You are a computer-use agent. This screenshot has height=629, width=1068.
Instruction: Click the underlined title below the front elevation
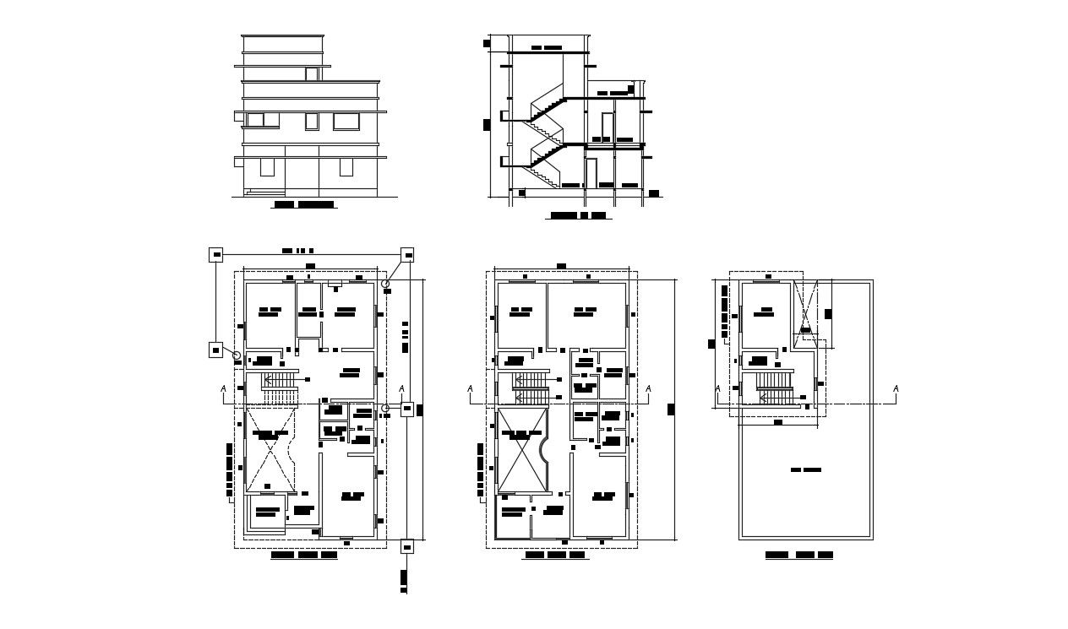pyautogui.click(x=304, y=204)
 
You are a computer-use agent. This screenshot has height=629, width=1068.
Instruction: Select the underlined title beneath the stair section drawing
pyautogui.click(x=579, y=216)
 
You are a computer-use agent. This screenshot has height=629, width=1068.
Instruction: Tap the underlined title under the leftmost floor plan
pyautogui.click(x=303, y=556)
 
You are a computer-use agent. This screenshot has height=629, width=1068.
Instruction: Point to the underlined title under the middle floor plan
pyautogui.click(x=555, y=556)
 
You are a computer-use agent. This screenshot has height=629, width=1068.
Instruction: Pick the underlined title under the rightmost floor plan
pyautogui.click(x=798, y=556)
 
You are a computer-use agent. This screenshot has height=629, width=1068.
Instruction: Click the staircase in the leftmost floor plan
pyautogui.click(x=279, y=388)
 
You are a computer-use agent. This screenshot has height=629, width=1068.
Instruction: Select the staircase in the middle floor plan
pyautogui.click(x=531, y=388)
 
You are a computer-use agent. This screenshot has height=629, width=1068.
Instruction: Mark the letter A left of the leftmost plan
pyautogui.click(x=223, y=388)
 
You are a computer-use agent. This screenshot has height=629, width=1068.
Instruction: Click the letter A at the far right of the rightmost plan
pyautogui.click(x=896, y=388)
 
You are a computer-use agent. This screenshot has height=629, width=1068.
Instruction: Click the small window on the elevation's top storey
pyautogui.click(x=311, y=74)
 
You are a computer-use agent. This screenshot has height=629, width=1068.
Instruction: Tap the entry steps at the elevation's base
pyautogui.click(x=253, y=192)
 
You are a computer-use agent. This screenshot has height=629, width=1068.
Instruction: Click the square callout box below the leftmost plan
pyautogui.click(x=406, y=546)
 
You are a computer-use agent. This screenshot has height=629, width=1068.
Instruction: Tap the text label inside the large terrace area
pyautogui.click(x=805, y=469)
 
